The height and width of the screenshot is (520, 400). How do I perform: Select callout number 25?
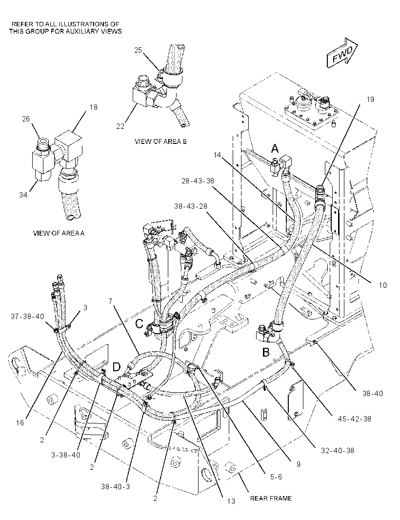138,50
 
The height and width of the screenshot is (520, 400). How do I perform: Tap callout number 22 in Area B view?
120,126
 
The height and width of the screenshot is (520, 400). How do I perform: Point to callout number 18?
94,107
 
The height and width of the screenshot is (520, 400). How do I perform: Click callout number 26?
26,119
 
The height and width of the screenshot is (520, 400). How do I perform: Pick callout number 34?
23,195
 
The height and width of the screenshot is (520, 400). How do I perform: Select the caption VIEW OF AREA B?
160,141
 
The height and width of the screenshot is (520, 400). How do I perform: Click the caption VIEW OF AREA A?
59,233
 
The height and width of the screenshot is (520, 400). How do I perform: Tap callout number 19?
370,99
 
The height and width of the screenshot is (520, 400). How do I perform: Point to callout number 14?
217,155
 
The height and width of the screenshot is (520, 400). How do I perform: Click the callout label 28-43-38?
198,181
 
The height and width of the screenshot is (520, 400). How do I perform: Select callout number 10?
383,285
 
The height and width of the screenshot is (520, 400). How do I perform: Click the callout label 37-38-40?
27,317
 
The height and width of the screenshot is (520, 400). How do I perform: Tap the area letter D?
117,367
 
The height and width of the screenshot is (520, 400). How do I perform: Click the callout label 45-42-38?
354,419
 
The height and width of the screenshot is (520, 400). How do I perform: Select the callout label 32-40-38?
337,450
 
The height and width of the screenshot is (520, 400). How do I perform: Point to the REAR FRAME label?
271,498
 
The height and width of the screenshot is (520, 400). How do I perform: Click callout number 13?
231,501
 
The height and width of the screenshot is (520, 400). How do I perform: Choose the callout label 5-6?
276,477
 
